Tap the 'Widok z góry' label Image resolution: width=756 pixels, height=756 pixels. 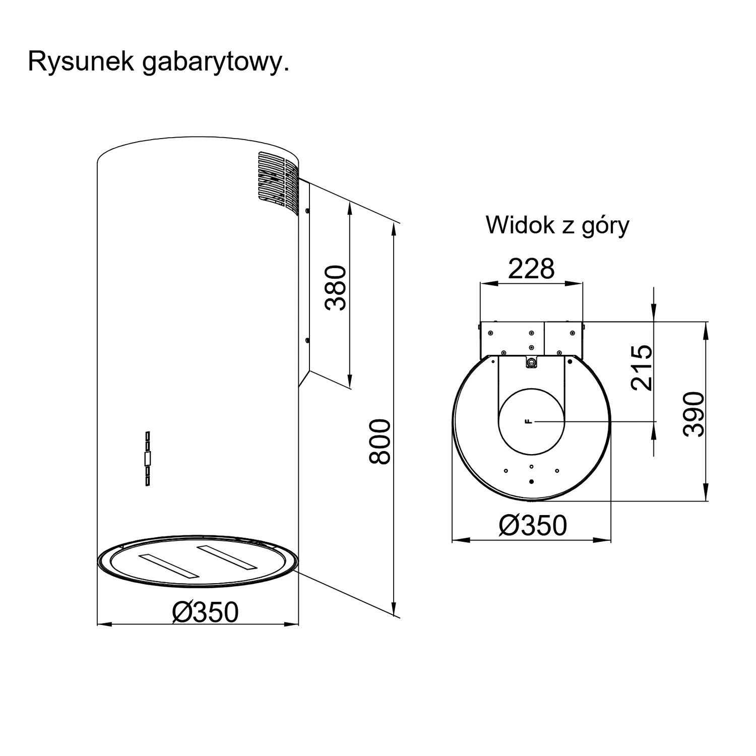[x=557, y=225]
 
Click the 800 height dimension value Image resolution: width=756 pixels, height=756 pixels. [x=380, y=442]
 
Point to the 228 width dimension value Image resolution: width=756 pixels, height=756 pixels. [x=531, y=269]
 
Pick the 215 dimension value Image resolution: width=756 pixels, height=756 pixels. [x=642, y=367]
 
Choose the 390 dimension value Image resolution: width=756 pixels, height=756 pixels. [x=694, y=414]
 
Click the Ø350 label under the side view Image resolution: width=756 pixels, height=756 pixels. [x=205, y=612]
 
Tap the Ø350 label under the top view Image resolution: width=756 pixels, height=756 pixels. [x=533, y=525]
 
